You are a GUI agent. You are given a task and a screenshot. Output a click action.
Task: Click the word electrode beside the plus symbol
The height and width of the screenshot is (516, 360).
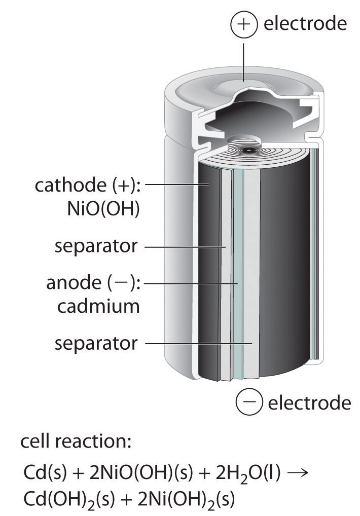click(x=305, y=23)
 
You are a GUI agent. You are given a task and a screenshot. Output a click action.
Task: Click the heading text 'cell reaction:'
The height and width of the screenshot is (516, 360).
click(x=76, y=442)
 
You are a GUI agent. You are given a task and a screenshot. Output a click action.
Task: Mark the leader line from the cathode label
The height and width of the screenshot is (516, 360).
click(x=177, y=186)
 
